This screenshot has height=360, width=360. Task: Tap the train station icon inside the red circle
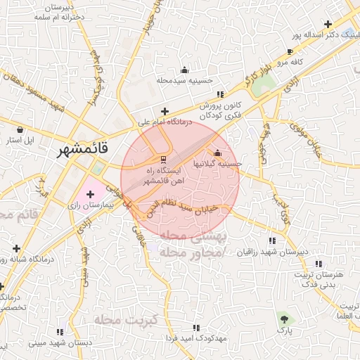(x=163, y=157)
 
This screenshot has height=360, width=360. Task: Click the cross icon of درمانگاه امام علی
(x=165, y=111)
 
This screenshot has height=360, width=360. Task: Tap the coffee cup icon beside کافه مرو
(x=290, y=51)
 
